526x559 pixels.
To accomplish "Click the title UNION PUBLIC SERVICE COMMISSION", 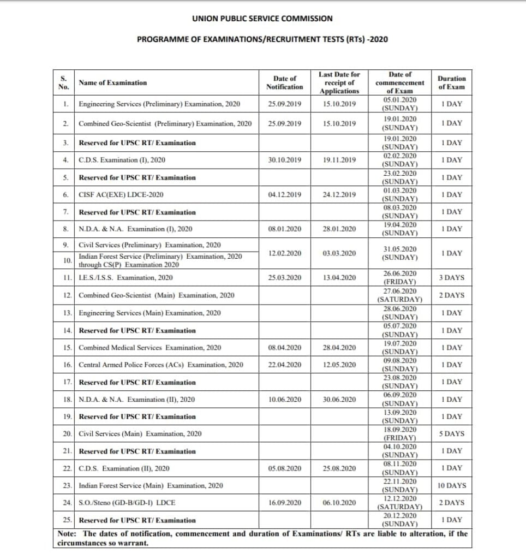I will pyautogui.click(x=262, y=19).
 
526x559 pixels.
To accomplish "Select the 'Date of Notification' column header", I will pyautogui.click(x=284, y=82).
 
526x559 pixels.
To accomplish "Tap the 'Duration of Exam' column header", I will pyautogui.click(x=451, y=82).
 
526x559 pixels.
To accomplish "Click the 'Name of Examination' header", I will pyautogui.click(x=113, y=83).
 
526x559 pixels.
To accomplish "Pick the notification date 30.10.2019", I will pyautogui.click(x=284, y=160).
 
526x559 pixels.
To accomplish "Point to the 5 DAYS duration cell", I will pyautogui.click(x=451, y=434).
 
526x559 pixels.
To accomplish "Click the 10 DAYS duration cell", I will pyautogui.click(x=451, y=485).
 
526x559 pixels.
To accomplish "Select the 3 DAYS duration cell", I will pyautogui.click(x=451, y=278).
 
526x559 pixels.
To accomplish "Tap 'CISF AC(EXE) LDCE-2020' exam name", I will pyautogui.click(x=121, y=195).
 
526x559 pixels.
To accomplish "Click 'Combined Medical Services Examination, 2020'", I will pyautogui.click(x=150, y=348).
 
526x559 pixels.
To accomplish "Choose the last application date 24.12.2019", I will pyautogui.click(x=339, y=195).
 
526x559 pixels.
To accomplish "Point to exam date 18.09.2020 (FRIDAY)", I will pyautogui.click(x=400, y=434).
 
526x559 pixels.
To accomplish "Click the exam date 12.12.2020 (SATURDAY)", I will pyautogui.click(x=400, y=503).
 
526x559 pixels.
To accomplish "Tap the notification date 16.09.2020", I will pyautogui.click(x=284, y=503).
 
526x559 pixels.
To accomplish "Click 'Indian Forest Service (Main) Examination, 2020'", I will pyautogui.click(x=151, y=485).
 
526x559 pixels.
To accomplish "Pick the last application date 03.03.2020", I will pyautogui.click(x=339, y=253).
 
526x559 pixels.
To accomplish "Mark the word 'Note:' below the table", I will pyautogui.click(x=68, y=534).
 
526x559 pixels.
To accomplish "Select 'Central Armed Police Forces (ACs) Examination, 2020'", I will pyautogui.click(x=160, y=365).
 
